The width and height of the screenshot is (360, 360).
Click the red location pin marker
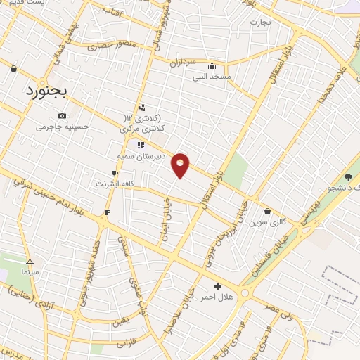tap(181, 165)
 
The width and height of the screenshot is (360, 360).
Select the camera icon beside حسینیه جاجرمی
tap(63, 116)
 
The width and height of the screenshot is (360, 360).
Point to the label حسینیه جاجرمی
tap(63, 127)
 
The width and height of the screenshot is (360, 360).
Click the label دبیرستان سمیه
tap(141, 155)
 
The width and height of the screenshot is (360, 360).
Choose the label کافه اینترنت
tap(115, 184)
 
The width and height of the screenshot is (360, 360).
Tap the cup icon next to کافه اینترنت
tap(115, 173)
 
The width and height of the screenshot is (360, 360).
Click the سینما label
tap(30, 271)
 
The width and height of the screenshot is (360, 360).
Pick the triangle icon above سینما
tap(30, 260)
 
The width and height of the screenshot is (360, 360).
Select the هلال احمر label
tap(217, 297)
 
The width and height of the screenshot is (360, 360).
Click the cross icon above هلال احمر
tap(217, 286)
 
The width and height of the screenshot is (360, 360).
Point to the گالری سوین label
tap(268, 222)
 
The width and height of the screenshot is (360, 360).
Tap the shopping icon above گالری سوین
tap(268, 211)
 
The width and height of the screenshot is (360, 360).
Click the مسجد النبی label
tap(212, 77)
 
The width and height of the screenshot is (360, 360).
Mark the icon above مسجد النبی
tap(212, 66)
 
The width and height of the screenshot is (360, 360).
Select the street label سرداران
tap(181, 62)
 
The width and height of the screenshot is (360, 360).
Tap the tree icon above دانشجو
tap(348, 177)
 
